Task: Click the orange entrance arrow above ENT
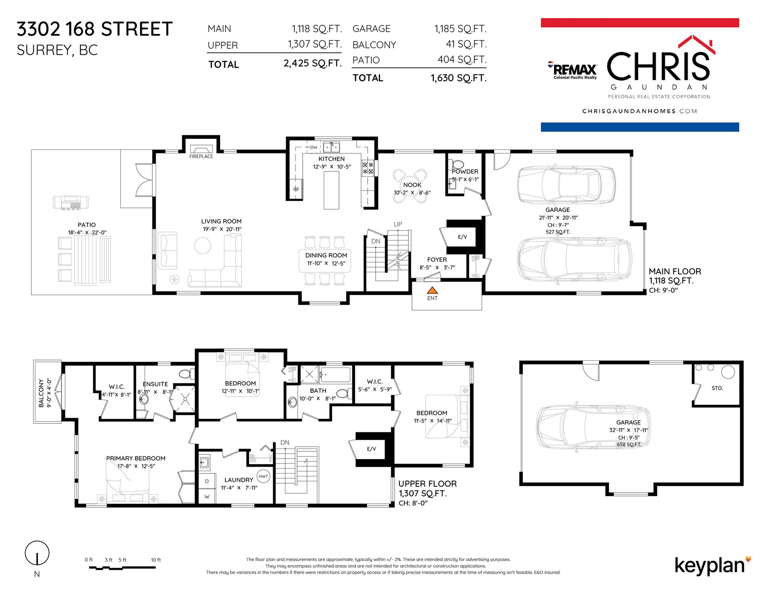click(432, 290)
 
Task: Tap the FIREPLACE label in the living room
click(201, 156)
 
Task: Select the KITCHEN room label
click(331, 159)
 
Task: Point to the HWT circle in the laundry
click(263, 476)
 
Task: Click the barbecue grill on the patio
click(71, 202)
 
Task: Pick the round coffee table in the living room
click(202, 245)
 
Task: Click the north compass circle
click(37, 553)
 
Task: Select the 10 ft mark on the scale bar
click(156, 560)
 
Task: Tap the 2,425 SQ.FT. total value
click(312, 63)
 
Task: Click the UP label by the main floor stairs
click(398, 224)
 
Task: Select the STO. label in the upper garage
click(717, 388)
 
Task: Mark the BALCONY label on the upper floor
click(41, 393)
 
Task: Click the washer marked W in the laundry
click(207, 496)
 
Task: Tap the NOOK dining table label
click(412, 185)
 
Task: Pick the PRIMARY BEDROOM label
click(136, 459)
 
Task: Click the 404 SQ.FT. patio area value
click(462, 60)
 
